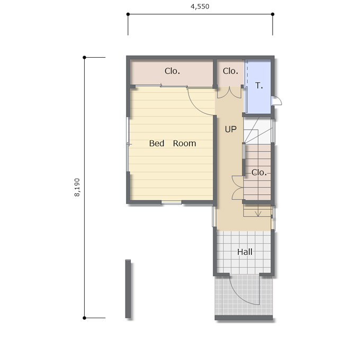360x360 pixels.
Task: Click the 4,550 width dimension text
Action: point(200,6)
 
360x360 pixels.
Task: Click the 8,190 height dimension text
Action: point(77,187)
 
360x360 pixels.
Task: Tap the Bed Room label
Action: point(173,143)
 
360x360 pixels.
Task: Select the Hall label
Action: point(245,252)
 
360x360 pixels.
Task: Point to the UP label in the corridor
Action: point(230,129)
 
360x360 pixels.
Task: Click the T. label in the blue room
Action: point(259,86)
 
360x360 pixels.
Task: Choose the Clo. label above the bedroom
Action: point(172,71)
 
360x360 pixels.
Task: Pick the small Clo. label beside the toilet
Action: point(230,71)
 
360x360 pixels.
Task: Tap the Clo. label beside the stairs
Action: point(259,172)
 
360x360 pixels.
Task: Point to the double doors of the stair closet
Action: point(237,187)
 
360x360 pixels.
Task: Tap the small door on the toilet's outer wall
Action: point(276,101)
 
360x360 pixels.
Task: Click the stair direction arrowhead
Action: point(258,214)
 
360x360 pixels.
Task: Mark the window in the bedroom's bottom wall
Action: point(172,202)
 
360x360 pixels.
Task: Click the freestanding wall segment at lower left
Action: point(128,289)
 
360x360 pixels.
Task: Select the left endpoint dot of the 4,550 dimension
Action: point(128,14)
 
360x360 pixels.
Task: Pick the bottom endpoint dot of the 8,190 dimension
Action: point(84,318)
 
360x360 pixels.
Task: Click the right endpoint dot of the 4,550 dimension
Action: point(273,14)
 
